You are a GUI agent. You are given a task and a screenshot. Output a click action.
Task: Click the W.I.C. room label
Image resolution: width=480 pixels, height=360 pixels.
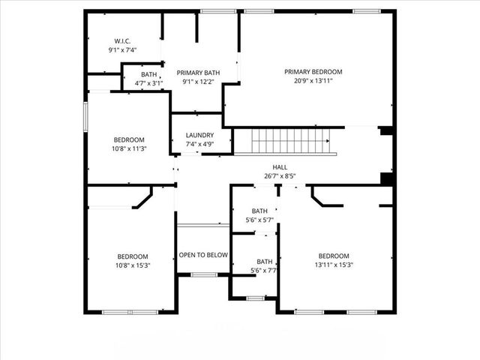click(x=123, y=40)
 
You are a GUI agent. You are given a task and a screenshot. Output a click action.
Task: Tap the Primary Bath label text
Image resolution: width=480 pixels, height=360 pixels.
click(x=198, y=73)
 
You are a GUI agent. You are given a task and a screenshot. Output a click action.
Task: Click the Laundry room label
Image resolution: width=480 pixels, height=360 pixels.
click(x=199, y=135)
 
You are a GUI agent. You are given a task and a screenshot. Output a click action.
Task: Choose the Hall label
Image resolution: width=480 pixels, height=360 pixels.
click(x=280, y=168)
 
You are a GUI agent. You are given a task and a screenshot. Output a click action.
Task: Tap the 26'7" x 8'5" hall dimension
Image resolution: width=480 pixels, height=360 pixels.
click(x=280, y=176)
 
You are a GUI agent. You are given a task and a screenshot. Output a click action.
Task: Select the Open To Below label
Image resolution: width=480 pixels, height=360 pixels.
click(x=202, y=255)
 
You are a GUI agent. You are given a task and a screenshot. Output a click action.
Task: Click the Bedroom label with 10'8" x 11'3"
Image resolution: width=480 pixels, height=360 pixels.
click(x=129, y=139)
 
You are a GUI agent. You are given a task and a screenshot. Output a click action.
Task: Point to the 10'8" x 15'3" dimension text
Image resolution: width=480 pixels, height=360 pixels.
click(x=133, y=265)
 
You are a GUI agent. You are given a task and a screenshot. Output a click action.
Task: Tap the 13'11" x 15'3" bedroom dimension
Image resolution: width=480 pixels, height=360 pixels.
click(x=334, y=264)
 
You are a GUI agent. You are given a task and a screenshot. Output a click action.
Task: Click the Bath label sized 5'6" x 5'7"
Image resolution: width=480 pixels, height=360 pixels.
click(x=259, y=211)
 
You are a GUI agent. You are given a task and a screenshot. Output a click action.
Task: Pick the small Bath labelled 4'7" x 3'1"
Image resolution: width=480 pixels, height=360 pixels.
click(x=148, y=74)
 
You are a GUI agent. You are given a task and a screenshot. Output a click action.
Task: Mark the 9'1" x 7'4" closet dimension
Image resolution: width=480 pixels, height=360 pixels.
click(x=123, y=49)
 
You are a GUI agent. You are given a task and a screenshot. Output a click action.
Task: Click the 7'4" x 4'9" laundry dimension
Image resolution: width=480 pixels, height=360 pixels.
click(x=199, y=144)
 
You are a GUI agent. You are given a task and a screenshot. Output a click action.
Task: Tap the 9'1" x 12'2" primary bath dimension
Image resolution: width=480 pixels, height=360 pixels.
click(x=198, y=82)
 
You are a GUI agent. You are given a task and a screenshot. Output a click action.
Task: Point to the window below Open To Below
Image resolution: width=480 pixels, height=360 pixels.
click(x=203, y=274)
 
